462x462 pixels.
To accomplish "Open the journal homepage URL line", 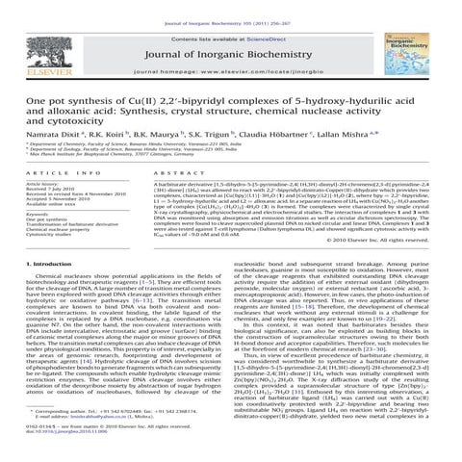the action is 231,72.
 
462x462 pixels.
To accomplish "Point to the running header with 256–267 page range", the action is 230,7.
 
